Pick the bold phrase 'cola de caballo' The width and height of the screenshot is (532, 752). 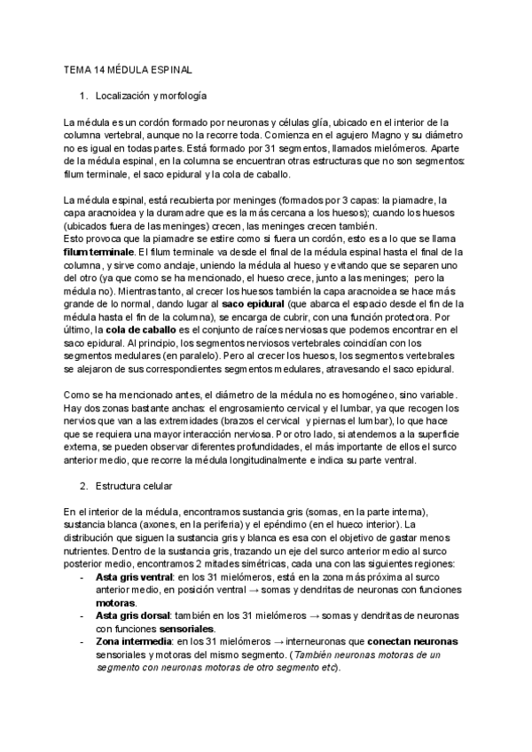point(145,329)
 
